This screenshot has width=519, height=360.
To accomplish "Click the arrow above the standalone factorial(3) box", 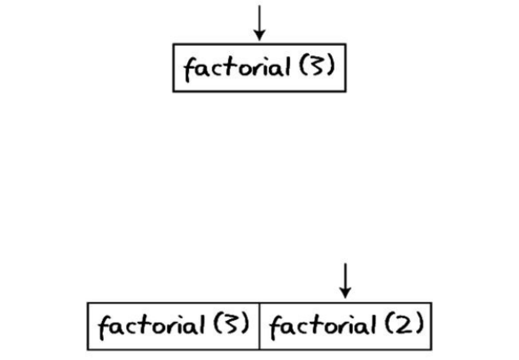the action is coord(259,20).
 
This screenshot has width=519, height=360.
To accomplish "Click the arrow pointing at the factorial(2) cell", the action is coord(345,278).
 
